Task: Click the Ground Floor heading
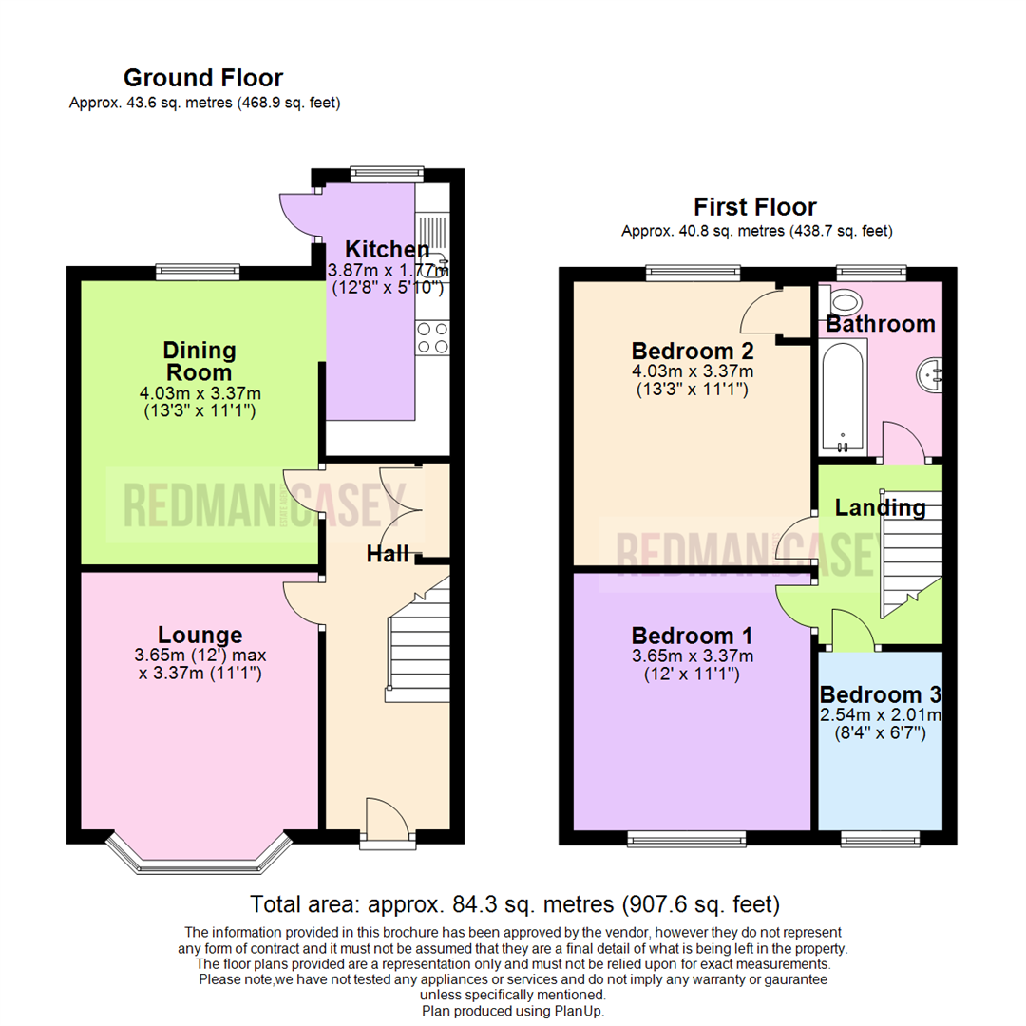pyautogui.click(x=202, y=78)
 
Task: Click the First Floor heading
pyautogui.click(x=754, y=206)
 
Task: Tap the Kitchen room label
pyautogui.click(x=386, y=250)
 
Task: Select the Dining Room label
pyautogui.click(x=198, y=361)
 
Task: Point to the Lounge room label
pyautogui.click(x=199, y=635)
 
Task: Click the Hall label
pyautogui.click(x=388, y=554)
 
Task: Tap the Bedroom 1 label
pyautogui.click(x=692, y=635)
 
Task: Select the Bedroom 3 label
pyautogui.click(x=881, y=694)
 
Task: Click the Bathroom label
pyautogui.click(x=880, y=324)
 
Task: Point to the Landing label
pyautogui.click(x=880, y=508)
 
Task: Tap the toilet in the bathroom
pyautogui.click(x=844, y=297)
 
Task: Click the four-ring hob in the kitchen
pyautogui.click(x=433, y=337)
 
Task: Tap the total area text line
pyautogui.click(x=514, y=902)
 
